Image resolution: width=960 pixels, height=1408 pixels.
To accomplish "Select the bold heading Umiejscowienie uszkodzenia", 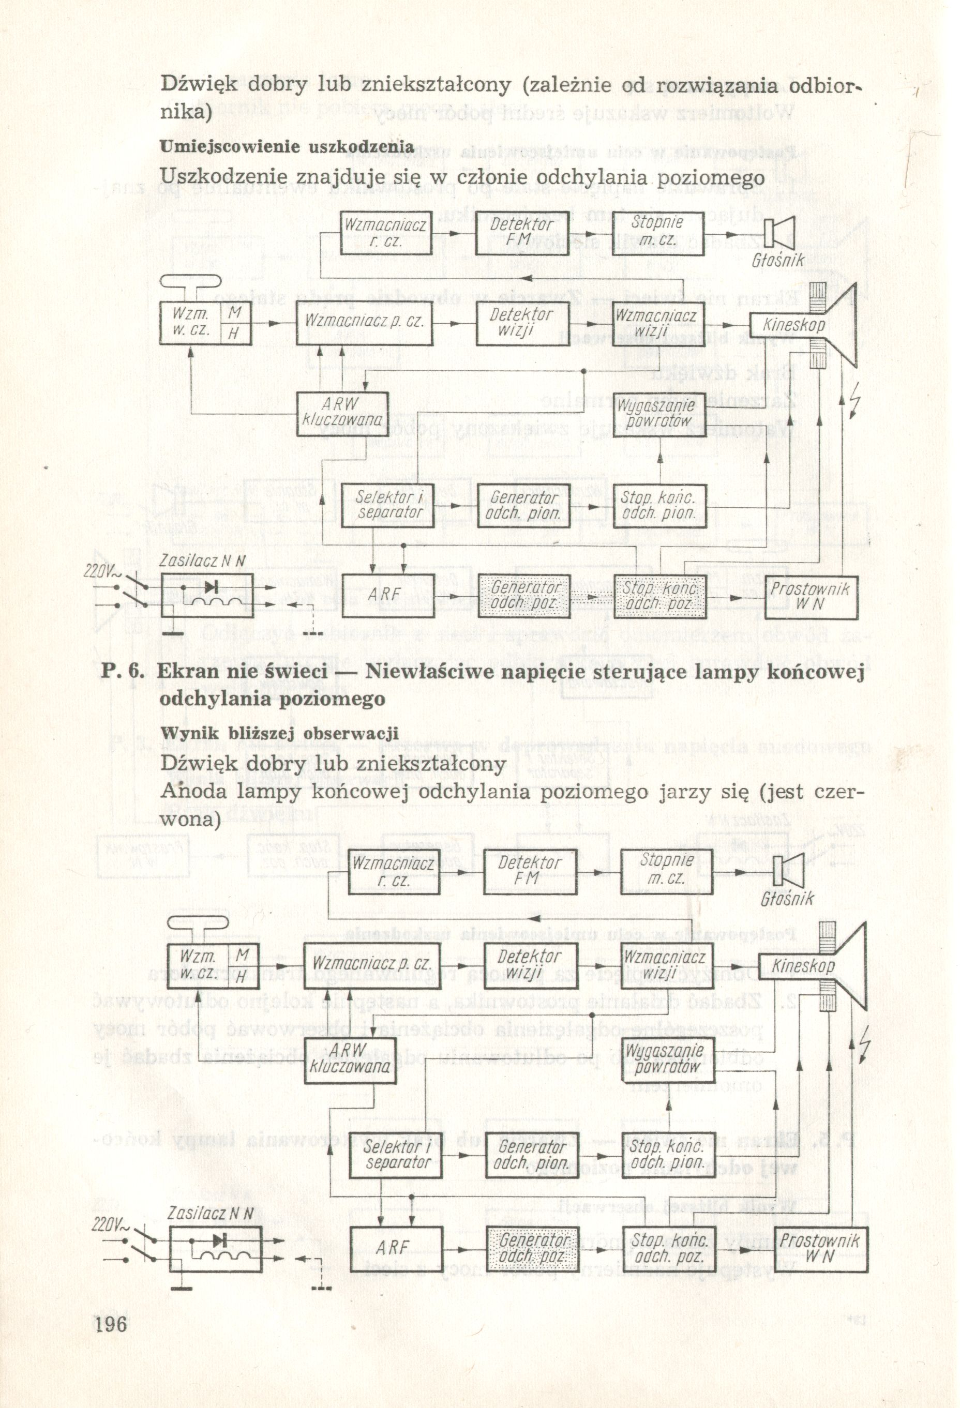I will (287, 147).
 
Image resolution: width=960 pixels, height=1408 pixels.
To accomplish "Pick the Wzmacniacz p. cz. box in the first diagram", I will (363, 323).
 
